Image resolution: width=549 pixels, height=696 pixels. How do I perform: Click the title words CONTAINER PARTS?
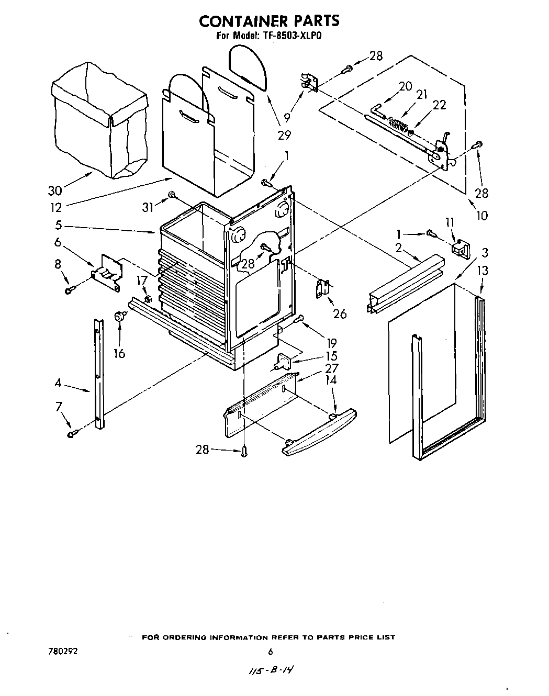pos(270,20)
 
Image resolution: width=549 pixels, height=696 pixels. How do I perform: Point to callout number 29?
pos(284,135)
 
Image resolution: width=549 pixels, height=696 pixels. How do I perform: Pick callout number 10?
pos(481,215)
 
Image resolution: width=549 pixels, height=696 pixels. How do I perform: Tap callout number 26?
pos(340,313)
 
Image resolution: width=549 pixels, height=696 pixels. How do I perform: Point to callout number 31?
pos(149,207)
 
